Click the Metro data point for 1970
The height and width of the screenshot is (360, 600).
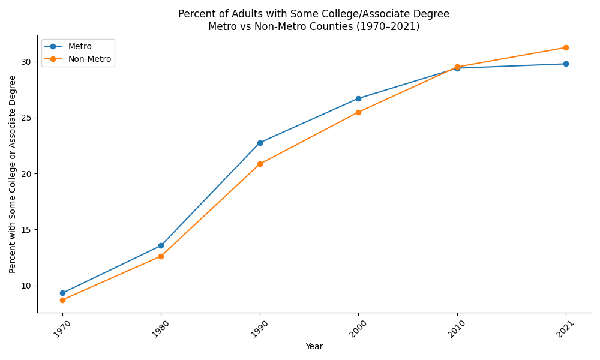click(x=62, y=293)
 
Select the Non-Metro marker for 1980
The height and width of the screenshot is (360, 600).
click(x=161, y=256)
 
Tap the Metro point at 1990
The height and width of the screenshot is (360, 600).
click(x=260, y=143)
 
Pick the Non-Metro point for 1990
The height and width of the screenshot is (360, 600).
click(x=260, y=164)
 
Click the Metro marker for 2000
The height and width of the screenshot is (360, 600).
click(x=358, y=98)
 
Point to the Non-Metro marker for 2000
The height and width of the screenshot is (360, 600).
click(x=358, y=112)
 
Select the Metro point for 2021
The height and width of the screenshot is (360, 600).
click(x=566, y=64)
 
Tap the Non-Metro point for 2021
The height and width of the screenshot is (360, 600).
click(x=566, y=47)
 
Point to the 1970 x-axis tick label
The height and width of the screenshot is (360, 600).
click(x=58, y=329)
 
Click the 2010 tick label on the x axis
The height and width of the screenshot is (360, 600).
click(x=453, y=329)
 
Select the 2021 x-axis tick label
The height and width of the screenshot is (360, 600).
click(x=562, y=329)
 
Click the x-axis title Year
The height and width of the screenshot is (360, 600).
click(x=314, y=346)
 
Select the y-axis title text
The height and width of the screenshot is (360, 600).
click(x=13, y=174)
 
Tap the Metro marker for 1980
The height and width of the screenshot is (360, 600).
click(x=161, y=245)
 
